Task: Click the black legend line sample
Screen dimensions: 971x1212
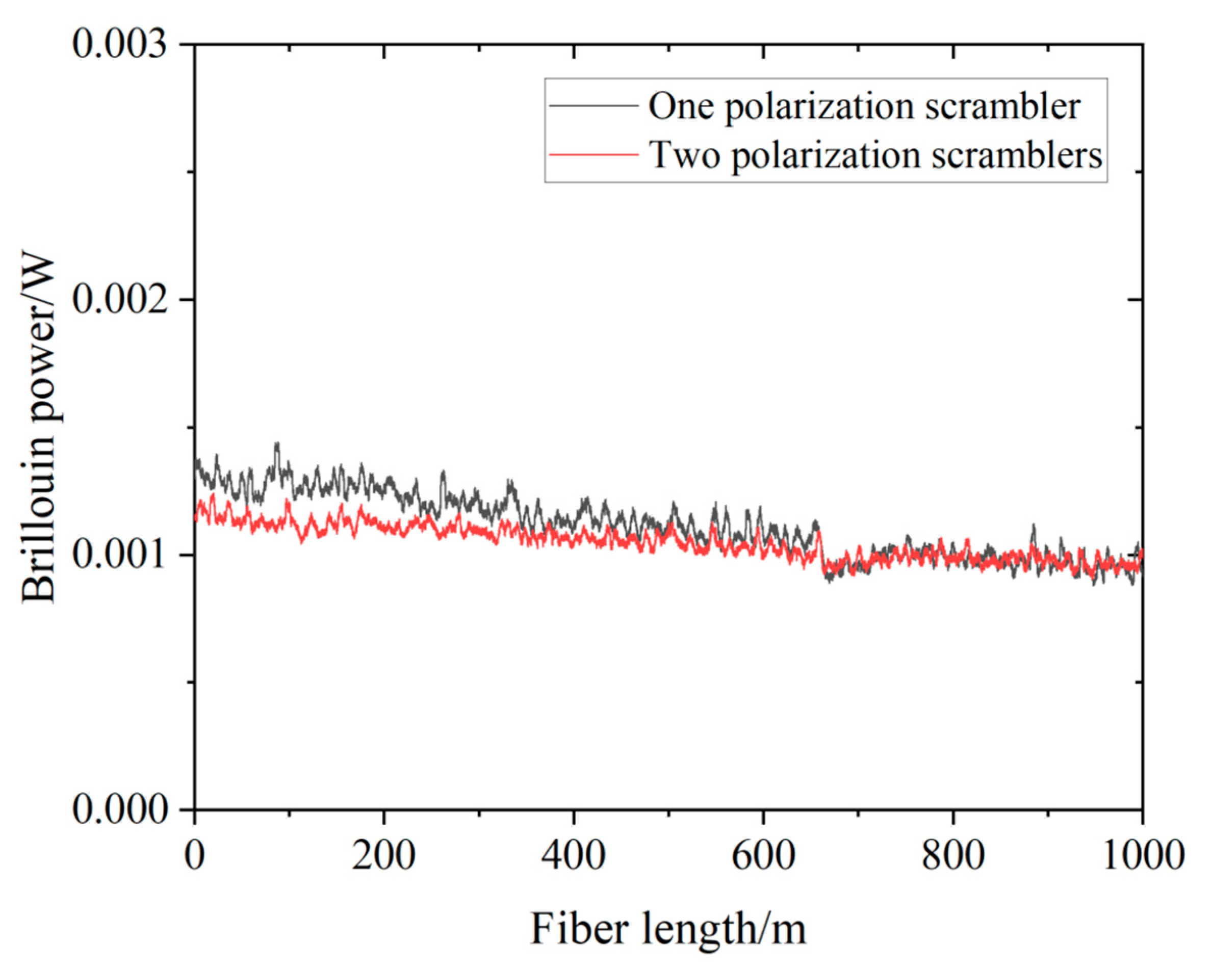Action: [594, 105]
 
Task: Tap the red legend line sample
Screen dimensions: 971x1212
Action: [594, 153]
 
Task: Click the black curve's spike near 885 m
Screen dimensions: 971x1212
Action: [1033, 526]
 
